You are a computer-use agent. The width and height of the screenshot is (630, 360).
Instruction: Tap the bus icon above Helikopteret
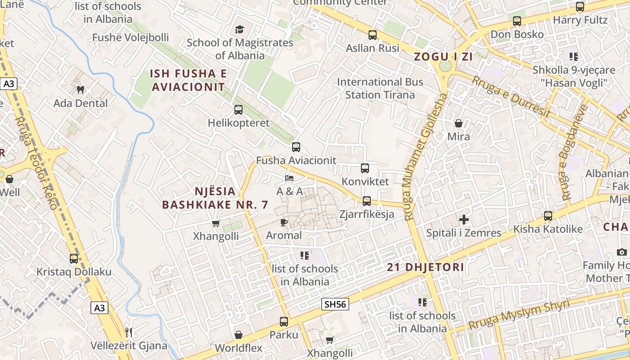click(238, 109)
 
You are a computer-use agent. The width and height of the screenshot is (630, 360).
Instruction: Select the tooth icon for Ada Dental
click(81, 90)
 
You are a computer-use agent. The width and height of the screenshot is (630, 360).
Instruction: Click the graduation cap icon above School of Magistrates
click(239, 30)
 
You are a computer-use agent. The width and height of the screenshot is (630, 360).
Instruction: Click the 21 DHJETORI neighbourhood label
click(425, 267)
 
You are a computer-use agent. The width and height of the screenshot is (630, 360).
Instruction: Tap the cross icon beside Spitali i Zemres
click(463, 220)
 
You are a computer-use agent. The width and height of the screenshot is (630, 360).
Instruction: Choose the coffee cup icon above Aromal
click(283, 222)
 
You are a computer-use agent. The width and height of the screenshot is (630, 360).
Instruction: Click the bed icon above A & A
click(289, 178)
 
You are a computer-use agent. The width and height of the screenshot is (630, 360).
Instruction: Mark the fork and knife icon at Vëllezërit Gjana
click(129, 333)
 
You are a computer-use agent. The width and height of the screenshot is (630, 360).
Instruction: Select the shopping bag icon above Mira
click(459, 123)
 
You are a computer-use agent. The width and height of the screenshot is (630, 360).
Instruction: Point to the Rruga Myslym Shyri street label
click(518, 315)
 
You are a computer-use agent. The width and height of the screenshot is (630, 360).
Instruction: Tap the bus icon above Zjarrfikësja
click(367, 201)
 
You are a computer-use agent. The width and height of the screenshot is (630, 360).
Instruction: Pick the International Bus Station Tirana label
click(380, 88)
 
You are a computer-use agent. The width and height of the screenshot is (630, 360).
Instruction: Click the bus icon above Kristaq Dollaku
click(74, 259)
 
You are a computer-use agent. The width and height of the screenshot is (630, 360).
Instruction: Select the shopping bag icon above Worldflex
click(238, 335)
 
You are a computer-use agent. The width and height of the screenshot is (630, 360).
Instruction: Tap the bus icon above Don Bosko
click(517, 21)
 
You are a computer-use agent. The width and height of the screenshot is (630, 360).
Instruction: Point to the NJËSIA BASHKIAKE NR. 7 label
click(215, 198)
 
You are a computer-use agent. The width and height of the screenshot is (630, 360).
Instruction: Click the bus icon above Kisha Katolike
click(548, 216)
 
